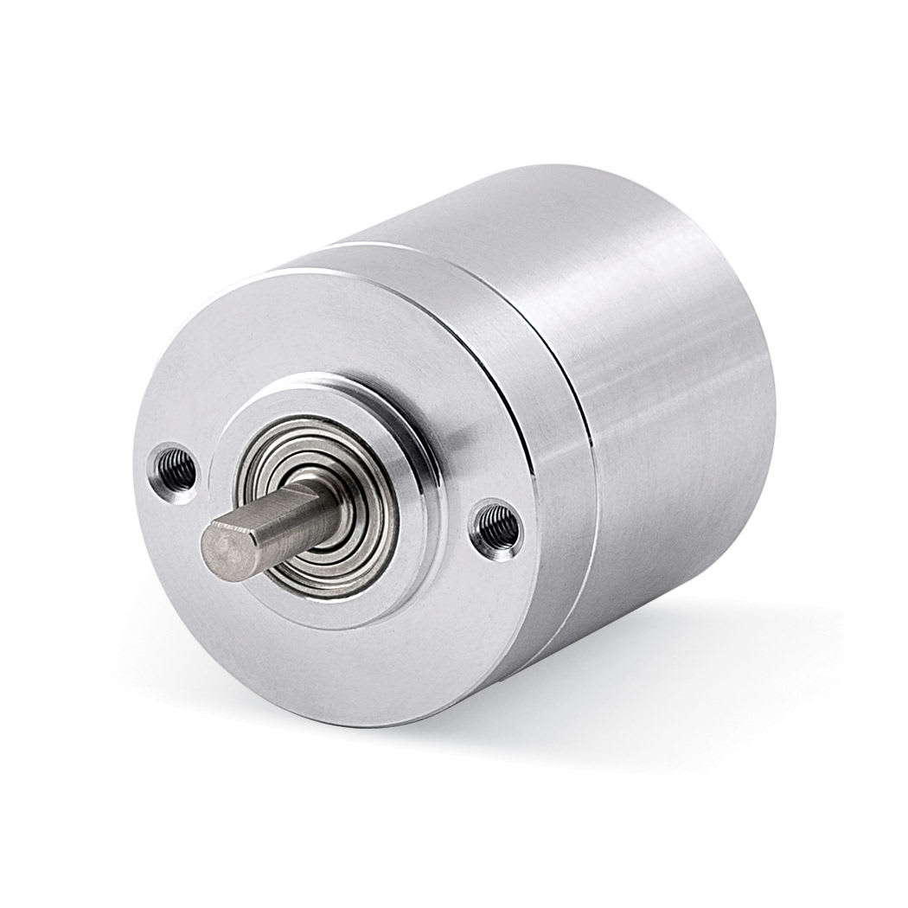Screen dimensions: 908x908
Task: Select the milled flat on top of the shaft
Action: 268,510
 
